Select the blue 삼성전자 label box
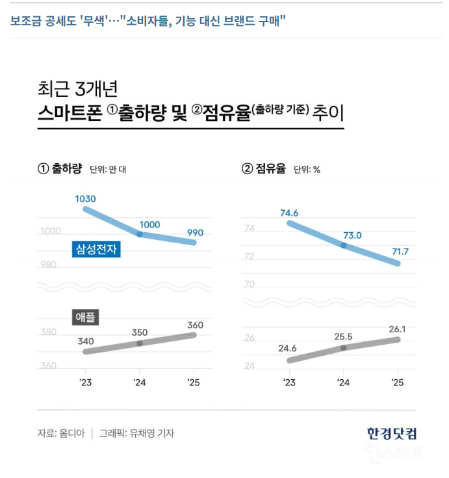click(97, 248)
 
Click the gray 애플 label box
click(84, 317)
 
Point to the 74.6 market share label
click(289, 213)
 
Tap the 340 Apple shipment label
click(84, 341)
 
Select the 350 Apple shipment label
click(139, 333)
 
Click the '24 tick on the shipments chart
click(140, 382)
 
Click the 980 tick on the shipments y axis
click(49, 265)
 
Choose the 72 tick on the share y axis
click(249, 257)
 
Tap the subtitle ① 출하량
click(59, 169)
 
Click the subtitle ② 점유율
click(264, 169)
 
